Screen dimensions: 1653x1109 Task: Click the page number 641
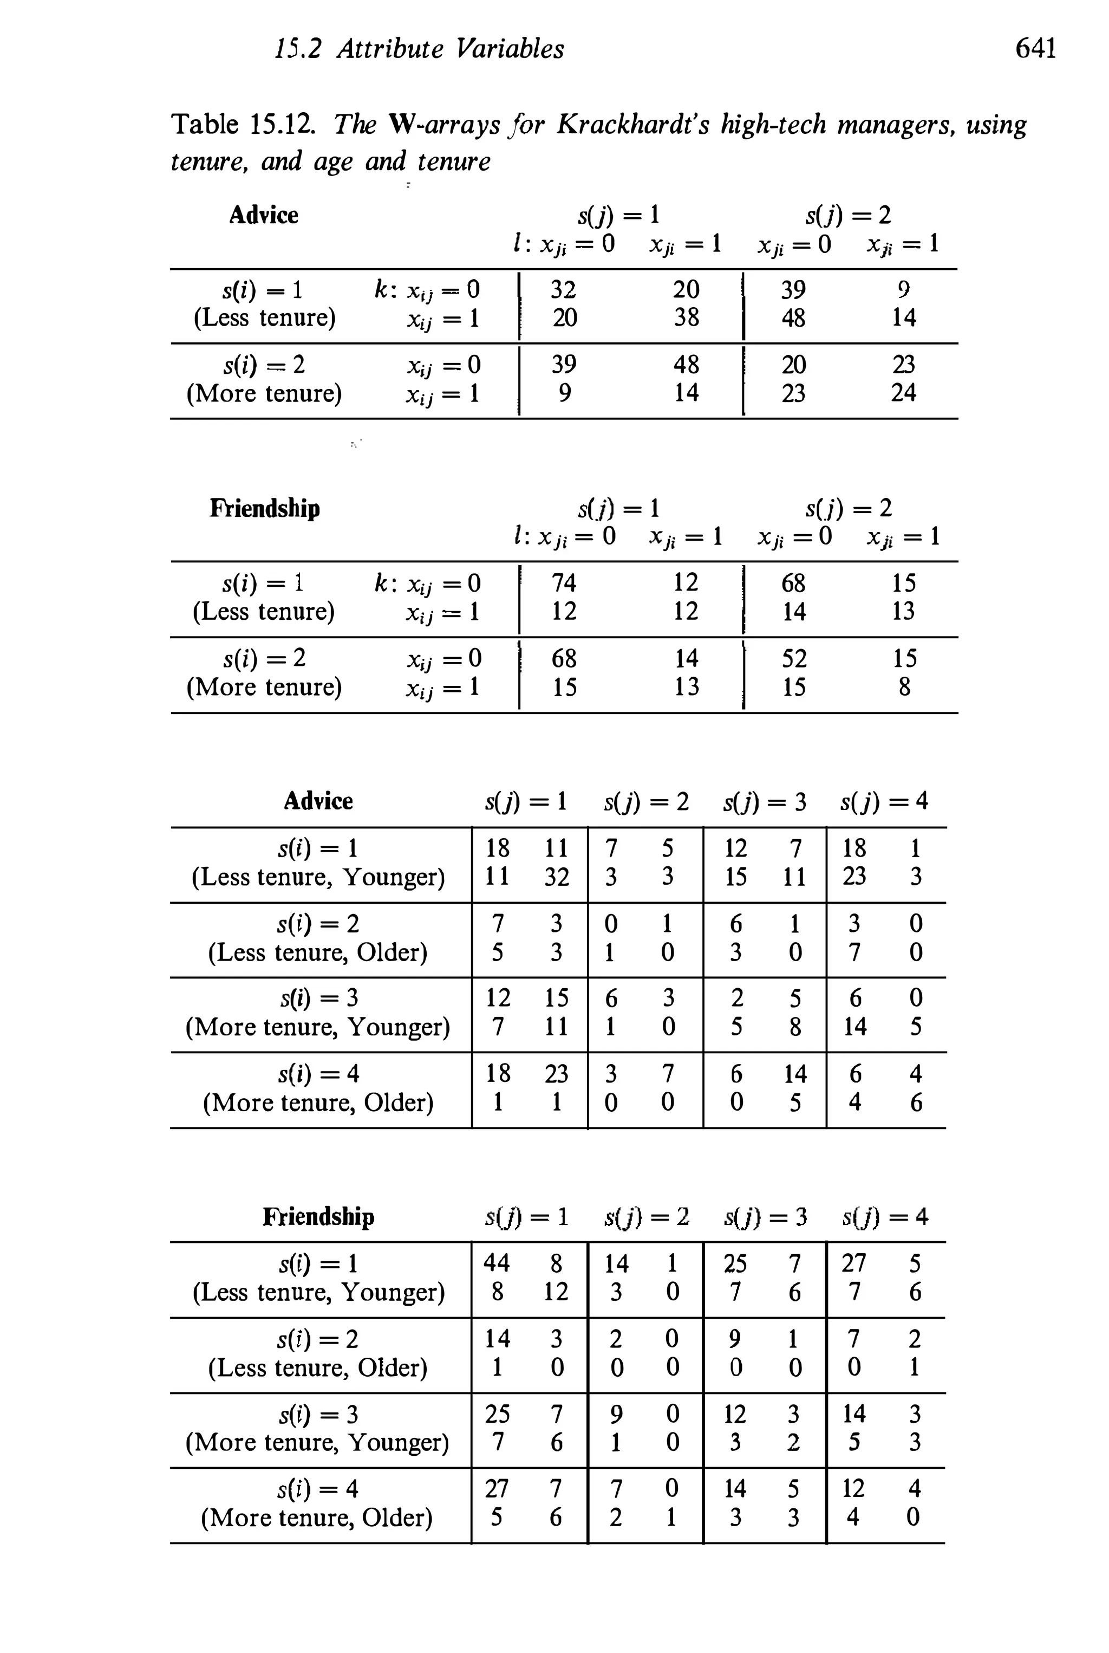point(1035,49)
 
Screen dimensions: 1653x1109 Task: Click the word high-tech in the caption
point(773,125)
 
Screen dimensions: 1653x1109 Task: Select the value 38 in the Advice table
point(686,317)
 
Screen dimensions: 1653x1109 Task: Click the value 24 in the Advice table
point(903,393)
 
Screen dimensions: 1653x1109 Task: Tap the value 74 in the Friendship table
point(564,583)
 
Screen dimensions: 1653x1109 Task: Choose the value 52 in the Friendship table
point(793,659)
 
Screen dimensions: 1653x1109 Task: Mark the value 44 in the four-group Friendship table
point(497,1263)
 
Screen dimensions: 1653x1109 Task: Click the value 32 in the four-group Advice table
point(556,877)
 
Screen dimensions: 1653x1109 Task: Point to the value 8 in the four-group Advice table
point(795,1027)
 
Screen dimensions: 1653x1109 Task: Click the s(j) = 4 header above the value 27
point(885,1217)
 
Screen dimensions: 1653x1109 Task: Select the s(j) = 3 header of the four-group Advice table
point(765,802)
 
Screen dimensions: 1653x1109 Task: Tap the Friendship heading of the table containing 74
point(264,508)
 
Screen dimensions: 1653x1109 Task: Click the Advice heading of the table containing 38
point(263,215)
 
